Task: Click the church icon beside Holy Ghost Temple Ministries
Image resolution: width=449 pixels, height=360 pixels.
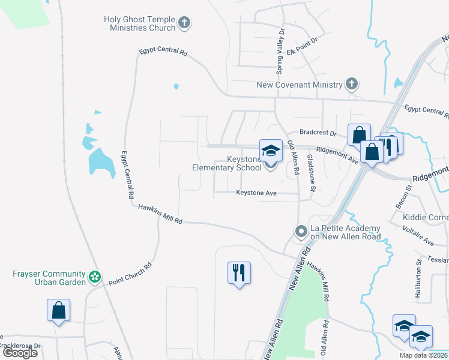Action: coord(185,24)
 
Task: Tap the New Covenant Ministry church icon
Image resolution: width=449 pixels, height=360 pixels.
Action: coord(352,85)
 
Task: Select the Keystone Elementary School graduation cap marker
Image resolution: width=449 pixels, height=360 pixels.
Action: coord(271,150)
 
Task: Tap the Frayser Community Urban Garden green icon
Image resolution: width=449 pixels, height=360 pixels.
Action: coord(94,277)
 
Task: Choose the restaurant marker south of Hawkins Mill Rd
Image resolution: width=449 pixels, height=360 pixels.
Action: coord(239,273)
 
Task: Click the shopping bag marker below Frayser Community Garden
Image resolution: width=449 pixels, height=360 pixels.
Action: coord(59,310)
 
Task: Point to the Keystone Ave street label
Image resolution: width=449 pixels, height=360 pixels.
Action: coord(256,193)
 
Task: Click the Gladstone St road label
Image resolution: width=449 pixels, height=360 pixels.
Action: coord(312,172)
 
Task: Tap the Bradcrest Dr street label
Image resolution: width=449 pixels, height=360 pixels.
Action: coord(318,134)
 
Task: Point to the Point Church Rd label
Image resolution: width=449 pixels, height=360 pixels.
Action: coord(131,273)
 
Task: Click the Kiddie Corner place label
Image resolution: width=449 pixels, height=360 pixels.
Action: coord(426,217)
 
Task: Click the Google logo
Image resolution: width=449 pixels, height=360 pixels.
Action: coord(20,353)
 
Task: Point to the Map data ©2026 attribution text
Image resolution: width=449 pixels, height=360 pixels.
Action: coord(423,355)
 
